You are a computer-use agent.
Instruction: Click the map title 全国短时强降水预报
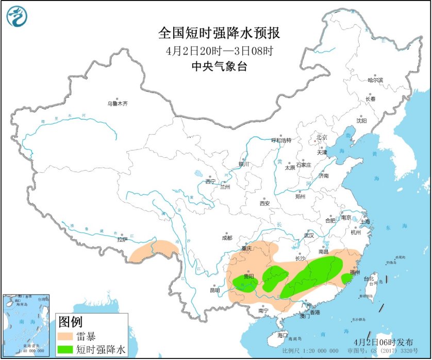tap(219, 34)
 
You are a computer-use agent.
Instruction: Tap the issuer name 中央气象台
tap(219, 66)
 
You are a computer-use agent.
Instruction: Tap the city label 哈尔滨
tap(375, 80)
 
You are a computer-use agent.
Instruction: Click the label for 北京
tap(322, 137)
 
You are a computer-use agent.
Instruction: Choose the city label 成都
tap(227, 238)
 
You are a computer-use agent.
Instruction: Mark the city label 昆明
tap(214, 290)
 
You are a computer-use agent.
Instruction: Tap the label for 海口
tap(282, 335)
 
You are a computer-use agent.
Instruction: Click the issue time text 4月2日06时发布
tap(384, 342)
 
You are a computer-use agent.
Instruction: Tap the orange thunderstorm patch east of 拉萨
tap(155, 250)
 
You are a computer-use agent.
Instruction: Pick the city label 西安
tap(264, 203)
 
